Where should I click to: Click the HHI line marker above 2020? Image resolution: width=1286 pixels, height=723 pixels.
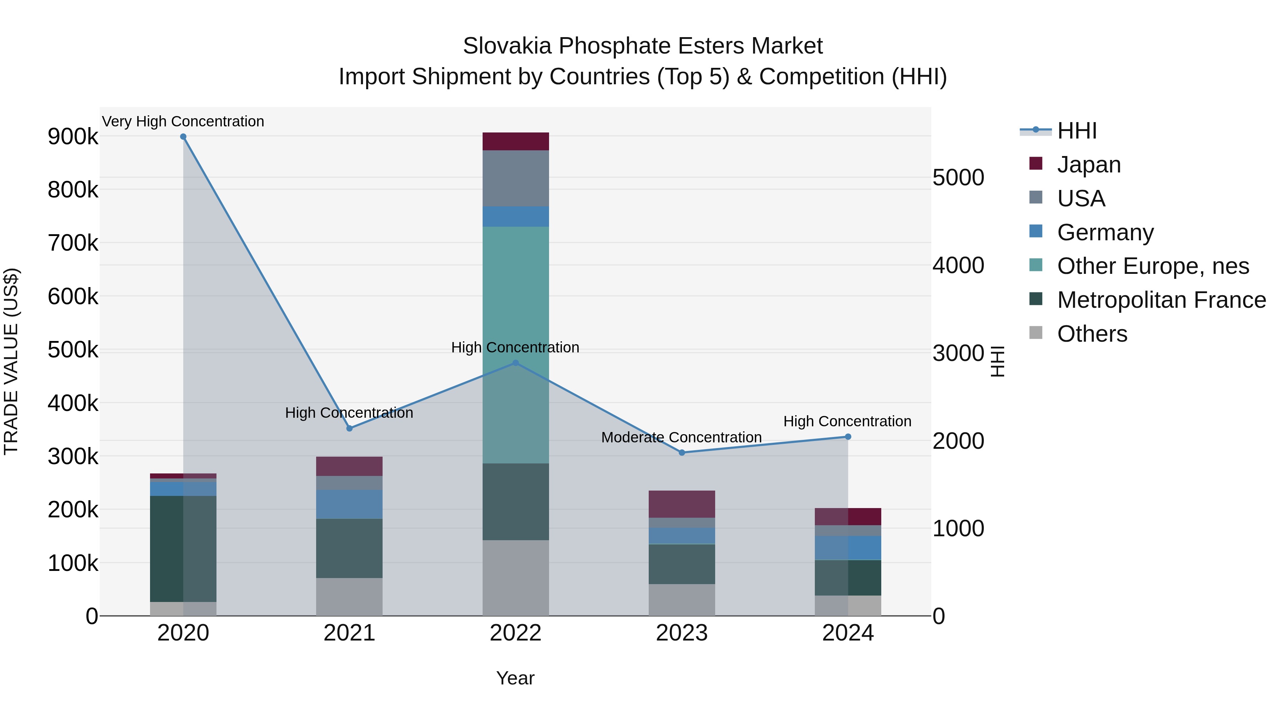pyautogui.click(x=183, y=137)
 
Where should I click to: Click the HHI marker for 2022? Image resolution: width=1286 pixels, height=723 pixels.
pyautogui.click(x=516, y=363)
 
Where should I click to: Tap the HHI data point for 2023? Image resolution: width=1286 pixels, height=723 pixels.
pyautogui.click(x=682, y=453)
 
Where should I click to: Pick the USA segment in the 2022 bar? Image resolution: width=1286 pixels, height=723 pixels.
pyautogui.click(x=516, y=178)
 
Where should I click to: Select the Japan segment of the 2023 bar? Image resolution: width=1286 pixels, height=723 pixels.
pyautogui.click(x=682, y=504)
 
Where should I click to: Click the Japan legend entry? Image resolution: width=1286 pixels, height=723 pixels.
pyautogui.click(x=1088, y=165)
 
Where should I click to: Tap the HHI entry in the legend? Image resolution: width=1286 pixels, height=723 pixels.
pyautogui.click(x=1077, y=131)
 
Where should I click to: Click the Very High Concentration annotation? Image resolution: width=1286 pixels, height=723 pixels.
pyautogui.click(x=183, y=121)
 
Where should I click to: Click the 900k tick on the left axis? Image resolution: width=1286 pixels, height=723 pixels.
pyautogui.click(x=73, y=137)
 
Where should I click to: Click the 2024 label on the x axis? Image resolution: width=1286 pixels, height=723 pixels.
pyautogui.click(x=848, y=633)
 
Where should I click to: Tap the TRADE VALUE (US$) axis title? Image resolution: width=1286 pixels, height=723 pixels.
pyautogui.click(x=11, y=361)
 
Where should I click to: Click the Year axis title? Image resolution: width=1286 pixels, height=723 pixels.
pyautogui.click(x=515, y=678)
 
